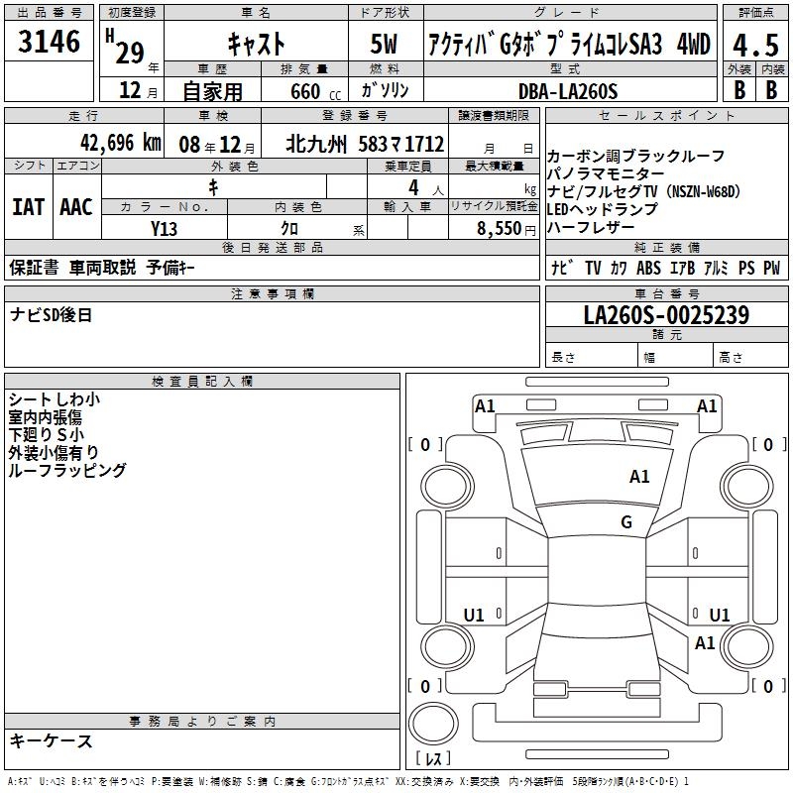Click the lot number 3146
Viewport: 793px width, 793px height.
[x=49, y=41]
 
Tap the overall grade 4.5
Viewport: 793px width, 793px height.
[x=755, y=46]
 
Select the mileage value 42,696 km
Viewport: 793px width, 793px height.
[x=121, y=143]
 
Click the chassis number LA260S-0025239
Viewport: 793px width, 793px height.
[x=666, y=314]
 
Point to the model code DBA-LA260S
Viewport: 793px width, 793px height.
[x=568, y=91]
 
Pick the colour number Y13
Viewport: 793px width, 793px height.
[x=164, y=229]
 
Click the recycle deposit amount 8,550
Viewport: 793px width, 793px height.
[x=500, y=229]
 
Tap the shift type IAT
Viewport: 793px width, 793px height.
[x=28, y=207]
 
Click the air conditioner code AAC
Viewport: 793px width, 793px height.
[x=76, y=207]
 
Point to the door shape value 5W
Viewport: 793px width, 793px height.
[x=384, y=44]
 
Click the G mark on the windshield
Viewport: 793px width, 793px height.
[x=626, y=521]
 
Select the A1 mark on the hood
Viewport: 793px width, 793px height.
[x=639, y=477]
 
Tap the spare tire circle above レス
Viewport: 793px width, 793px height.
[x=433, y=723]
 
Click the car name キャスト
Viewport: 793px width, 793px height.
[x=257, y=44]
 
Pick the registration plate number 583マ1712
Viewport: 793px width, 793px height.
[x=401, y=144]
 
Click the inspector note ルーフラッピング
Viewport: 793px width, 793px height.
[x=67, y=470]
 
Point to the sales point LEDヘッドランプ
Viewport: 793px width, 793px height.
[x=603, y=209]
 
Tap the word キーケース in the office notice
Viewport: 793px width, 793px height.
[x=52, y=740]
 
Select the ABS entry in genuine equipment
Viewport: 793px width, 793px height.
[x=648, y=268]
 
